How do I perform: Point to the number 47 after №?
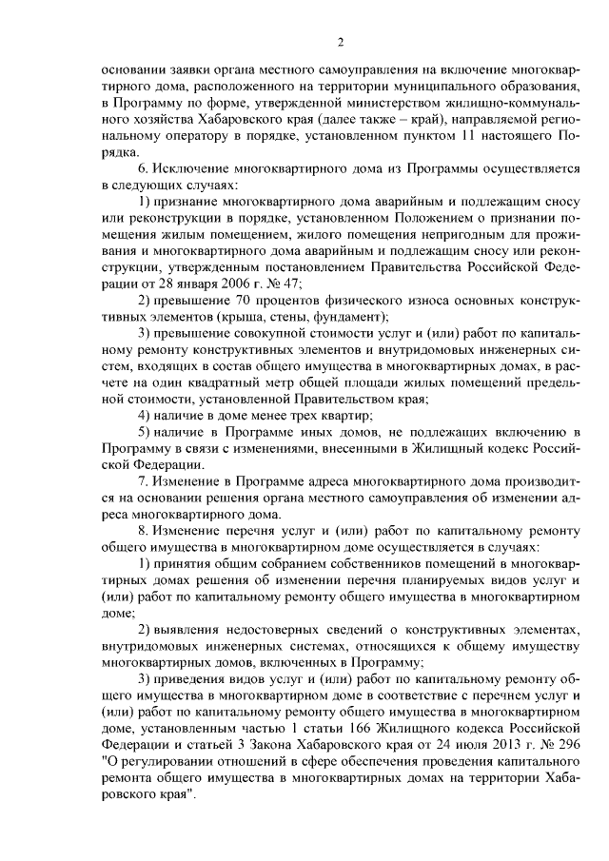click(x=291, y=284)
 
